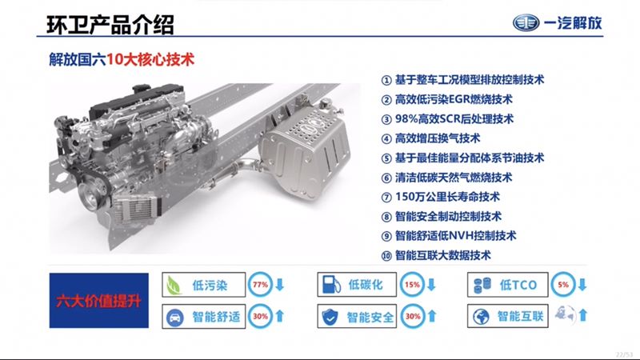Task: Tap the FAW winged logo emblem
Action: coord(532,22)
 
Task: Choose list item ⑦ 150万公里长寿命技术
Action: coord(446,196)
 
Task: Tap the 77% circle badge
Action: coord(260,285)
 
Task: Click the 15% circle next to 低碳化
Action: coord(413,285)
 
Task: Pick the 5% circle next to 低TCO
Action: coord(563,285)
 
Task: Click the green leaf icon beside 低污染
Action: coord(173,286)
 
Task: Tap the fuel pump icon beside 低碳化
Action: coord(328,286)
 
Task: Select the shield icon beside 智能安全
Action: coord(329,317)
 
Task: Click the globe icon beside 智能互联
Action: coord(480,316)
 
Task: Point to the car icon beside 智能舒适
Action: coord(174,317)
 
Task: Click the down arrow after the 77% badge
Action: coord(279,286)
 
